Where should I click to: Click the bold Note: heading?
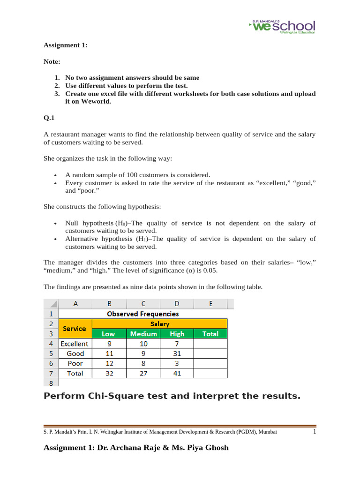(x=52, y=61)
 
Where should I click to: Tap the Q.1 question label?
(x=49, y=118)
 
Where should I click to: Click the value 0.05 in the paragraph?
(x=210, y=270)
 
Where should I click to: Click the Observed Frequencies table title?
(x=143, y=314)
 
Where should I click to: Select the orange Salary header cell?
(x=159, y=324)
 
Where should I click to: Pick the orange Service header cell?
(x=75, y=329)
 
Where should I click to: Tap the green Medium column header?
(x=143, y=334)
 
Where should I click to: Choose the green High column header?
(x=177, y=334)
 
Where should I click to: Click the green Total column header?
(x=210, y=334)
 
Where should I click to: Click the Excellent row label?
(x=75, y=344)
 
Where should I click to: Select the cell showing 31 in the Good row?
(x=177, y=353)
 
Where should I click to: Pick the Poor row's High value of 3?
(x=177, y=363)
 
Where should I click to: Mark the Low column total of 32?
(x=109, y=374)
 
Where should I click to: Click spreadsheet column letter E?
(x=210, y=304)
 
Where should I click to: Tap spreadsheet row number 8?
(x=51, y=382)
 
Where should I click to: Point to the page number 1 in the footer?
(x=315, y=432)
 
